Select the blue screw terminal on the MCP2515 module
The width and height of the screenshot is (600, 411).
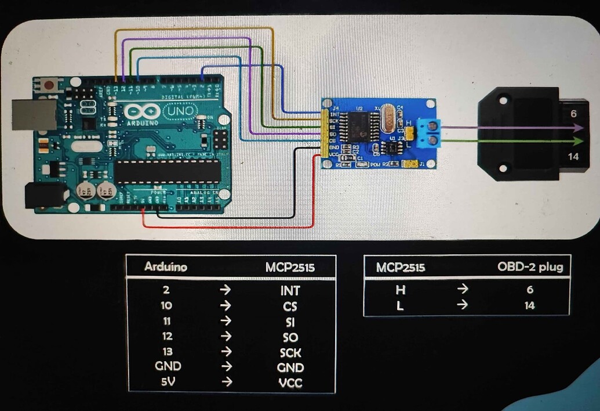coord(430,133)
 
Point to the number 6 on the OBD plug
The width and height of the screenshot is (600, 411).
coord(573,114)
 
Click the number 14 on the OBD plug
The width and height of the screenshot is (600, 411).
coord(573,156)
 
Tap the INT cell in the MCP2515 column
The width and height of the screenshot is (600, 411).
coord(290,290)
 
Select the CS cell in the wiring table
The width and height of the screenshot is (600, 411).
coord(290,306)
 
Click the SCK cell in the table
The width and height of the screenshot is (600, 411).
coord(290,352)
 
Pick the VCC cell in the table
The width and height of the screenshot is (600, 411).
coord(290,383)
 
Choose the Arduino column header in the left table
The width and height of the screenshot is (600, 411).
coord(165,267)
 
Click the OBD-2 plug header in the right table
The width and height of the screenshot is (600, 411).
coord(530,267)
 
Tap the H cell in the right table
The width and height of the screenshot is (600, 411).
coord(399,289)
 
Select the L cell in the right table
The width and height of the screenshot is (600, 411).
coord(399,305)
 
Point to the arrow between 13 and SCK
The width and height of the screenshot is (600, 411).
coord(226,351)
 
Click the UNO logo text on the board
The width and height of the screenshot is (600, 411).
coord(180,110)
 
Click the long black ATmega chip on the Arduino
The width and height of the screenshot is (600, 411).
coord(167,170)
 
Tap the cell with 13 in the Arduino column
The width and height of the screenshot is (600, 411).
coord(167,351)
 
